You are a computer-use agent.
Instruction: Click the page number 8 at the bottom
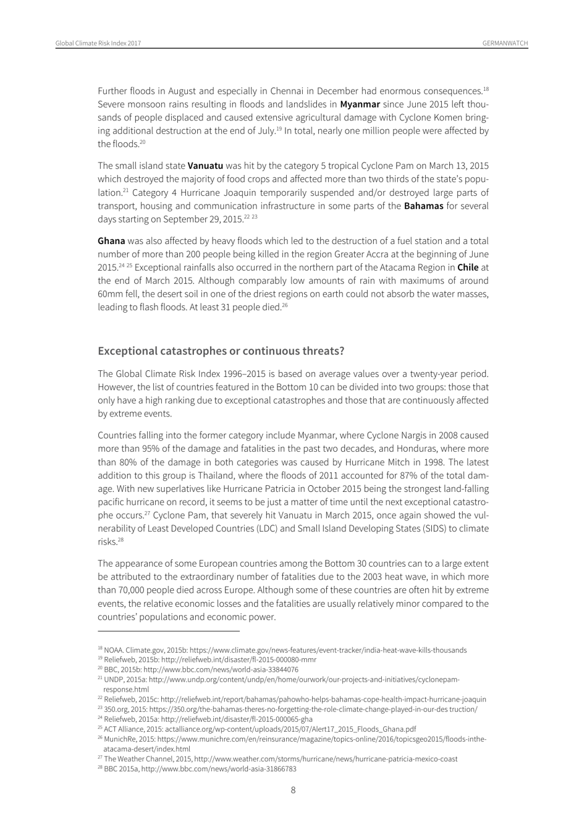(293, 790)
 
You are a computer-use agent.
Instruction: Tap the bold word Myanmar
(360, 104)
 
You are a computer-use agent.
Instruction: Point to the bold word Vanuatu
(205, 166)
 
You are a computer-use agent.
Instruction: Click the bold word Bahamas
(423, 206)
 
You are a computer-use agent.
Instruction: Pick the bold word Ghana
(111, 241)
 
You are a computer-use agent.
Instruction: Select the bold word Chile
(468, 268)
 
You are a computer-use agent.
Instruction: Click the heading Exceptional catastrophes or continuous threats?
(221, 351)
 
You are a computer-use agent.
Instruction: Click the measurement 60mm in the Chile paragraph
(109, 294)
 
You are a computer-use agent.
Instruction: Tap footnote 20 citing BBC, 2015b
(198, 669)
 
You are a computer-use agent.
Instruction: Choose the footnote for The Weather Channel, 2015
(278, 759)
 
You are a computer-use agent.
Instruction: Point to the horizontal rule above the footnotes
(168, 631)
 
